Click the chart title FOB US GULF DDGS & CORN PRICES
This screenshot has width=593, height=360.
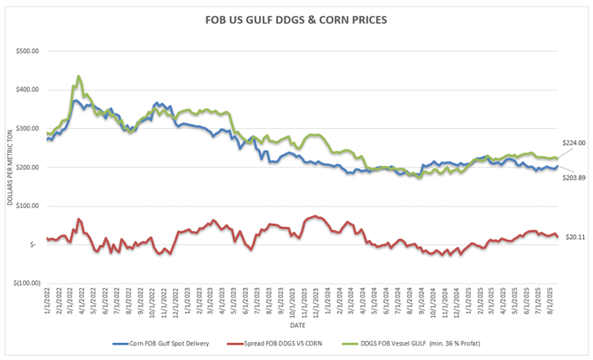[x=296, y=18]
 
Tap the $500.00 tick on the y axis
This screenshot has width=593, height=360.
[x=29, y=51]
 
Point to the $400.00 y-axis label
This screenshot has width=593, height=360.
[x=29, y=90]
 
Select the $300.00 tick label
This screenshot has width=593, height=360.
[x=29, y=129]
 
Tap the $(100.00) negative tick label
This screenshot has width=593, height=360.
[x=27, y=283]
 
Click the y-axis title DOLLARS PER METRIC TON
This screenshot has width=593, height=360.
[x=11, y=167]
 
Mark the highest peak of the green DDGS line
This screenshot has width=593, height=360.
[x=78, y=76]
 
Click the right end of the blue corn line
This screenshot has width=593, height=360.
[x=557, y=167]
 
